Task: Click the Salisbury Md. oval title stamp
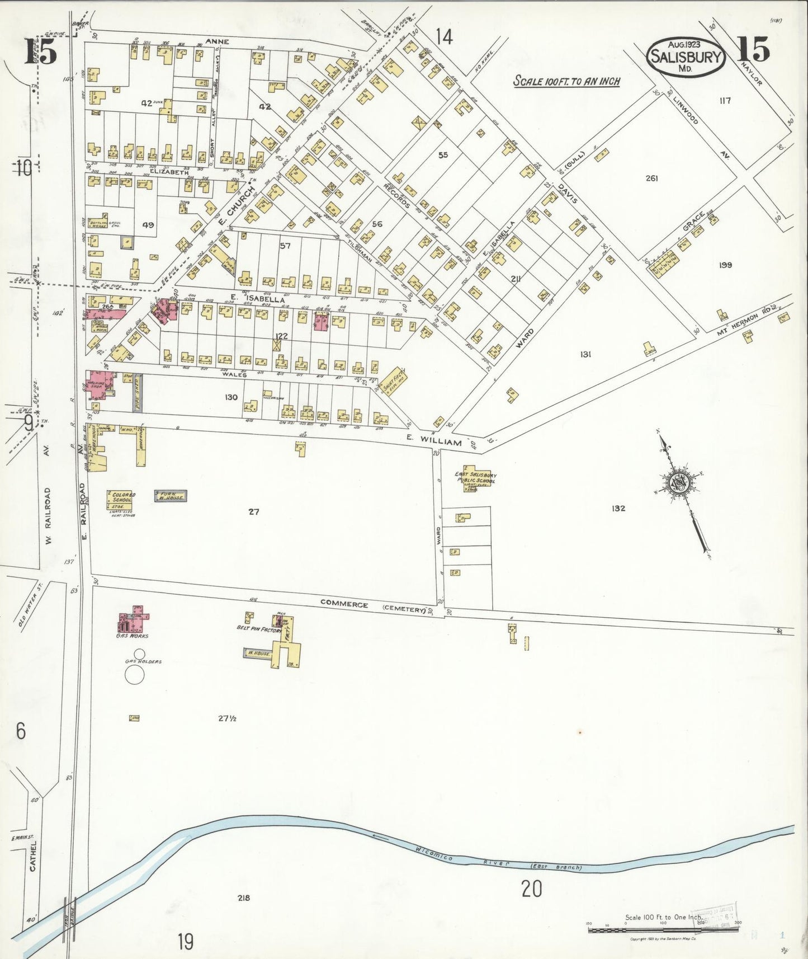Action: tap(686, 57)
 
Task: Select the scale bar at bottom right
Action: tap(663, 930)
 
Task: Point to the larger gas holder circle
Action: tap(134, 675)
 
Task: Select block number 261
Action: tap(651, 178)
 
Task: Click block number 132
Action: tap(618, 508)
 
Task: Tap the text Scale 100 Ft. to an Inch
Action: tap(566, 81)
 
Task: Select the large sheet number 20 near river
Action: tap(532, 889)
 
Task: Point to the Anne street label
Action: tap(218, 41)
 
